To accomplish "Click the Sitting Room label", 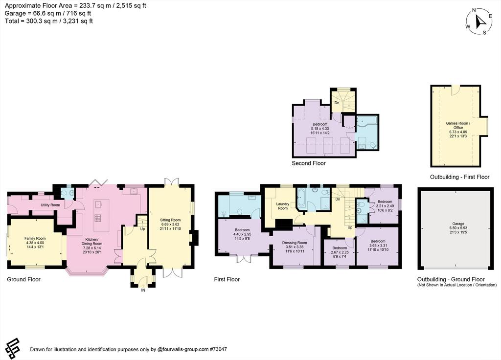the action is click(x=170, y=220).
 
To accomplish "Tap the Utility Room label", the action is click(x=50, y=205).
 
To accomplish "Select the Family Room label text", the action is click(x=35, y=238).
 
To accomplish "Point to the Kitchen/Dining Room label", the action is click(x=91, y=242).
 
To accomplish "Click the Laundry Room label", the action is click(x=283, y=206).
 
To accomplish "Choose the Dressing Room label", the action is click(x=294, y=243).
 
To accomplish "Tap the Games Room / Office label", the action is click(x=458, y=125).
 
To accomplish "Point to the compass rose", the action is click(x=479, y=22).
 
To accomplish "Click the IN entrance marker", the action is click(x=143, y=290).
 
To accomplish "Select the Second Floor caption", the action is click(x=309, y=163).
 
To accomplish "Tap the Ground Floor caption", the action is click(x=23, y=279).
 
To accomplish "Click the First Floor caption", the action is click(x=227, y=279).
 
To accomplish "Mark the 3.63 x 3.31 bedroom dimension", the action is click(x=378, y=246).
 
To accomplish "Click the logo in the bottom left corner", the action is click(x=12, y=348).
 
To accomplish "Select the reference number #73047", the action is click(x=218, y=349).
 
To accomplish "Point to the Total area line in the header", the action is click(x=49, y=21).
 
